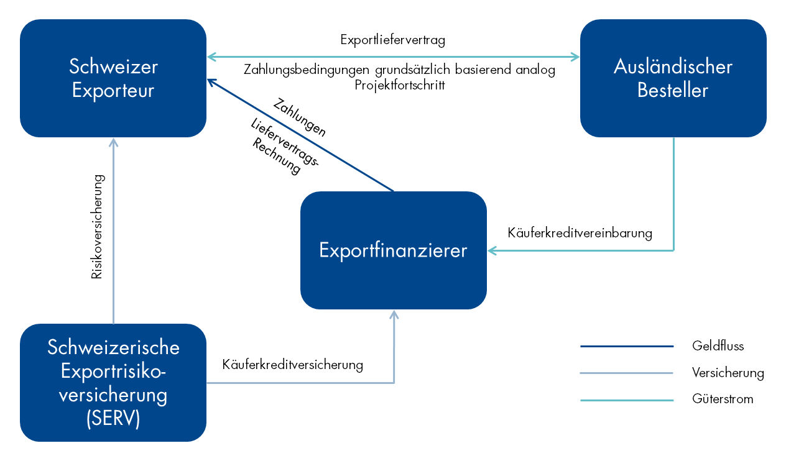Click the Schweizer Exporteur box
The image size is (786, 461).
113,78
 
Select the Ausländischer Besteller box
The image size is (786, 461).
673,78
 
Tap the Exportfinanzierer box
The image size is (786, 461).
393,250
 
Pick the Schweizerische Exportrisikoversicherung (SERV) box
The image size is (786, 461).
113,383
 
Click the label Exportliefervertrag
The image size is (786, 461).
393,40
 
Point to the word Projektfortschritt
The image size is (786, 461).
400,84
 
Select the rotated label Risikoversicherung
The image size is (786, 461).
97,226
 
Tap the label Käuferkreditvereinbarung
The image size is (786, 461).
580,234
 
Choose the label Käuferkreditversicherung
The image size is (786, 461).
292,365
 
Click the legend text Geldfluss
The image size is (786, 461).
718,346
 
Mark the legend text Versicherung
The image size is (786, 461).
728,373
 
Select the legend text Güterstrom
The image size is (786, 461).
723,399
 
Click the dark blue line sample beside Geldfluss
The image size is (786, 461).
627,346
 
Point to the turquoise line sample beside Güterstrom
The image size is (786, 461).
627,400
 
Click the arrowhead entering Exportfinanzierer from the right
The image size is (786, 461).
492,250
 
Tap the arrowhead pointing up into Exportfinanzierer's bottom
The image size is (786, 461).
393,314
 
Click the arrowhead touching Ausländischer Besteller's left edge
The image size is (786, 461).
575,57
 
